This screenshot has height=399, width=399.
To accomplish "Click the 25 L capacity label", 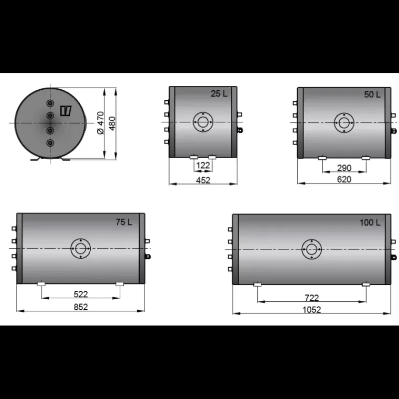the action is pos(219,94).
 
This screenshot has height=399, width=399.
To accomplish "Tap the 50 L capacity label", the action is pos(372,95).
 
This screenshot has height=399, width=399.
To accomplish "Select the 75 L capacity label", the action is pos(124,222).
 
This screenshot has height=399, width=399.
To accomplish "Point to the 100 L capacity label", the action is pos(370,222).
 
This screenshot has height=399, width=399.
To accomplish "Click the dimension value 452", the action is pos(203,180).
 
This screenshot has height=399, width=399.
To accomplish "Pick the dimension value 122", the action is pos(203,166).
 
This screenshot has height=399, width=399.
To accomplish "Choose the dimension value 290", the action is pos(344,168).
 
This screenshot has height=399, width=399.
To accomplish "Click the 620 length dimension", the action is pos(344,180).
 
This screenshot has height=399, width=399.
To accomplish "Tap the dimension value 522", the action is pos(81,294).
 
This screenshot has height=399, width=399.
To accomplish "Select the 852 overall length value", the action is pos(81,307).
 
